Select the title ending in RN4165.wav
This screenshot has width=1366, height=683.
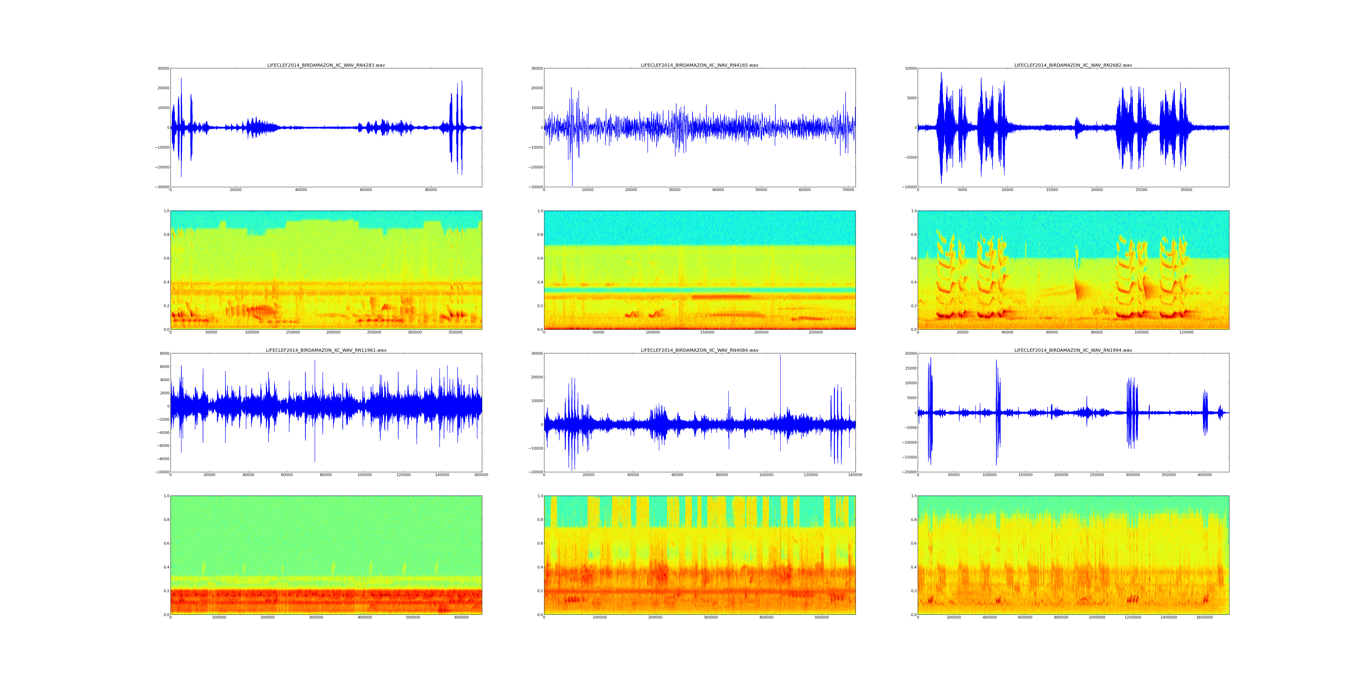pos(699,65)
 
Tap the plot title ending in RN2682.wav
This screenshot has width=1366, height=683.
pos(1073,65)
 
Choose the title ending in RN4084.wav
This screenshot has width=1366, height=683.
pos(699,351)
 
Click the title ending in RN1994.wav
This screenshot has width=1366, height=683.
pos(1073,351)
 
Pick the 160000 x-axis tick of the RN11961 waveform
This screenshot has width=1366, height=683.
pos(481,475)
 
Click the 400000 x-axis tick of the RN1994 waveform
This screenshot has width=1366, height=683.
pos(1204,475)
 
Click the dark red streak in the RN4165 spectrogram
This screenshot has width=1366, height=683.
pos(721,297)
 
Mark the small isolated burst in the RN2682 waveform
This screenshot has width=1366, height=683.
pos(1076,128)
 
